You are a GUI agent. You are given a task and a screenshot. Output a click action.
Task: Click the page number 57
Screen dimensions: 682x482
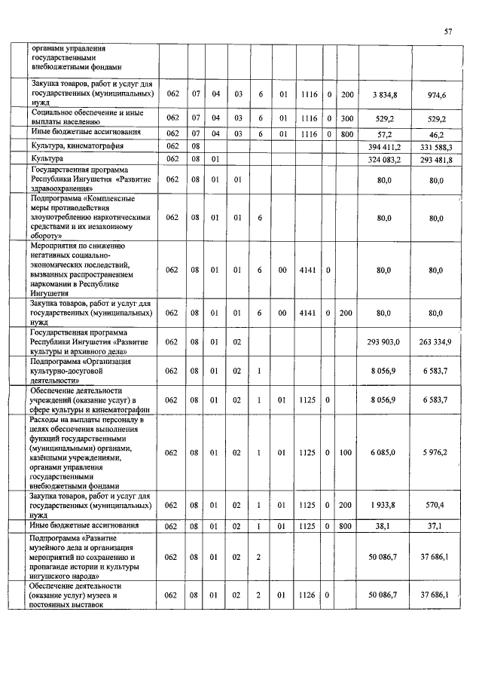448,32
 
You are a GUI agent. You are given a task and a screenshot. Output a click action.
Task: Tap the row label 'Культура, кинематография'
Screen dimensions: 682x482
78,145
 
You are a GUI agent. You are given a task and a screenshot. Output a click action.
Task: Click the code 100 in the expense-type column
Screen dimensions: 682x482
346,452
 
